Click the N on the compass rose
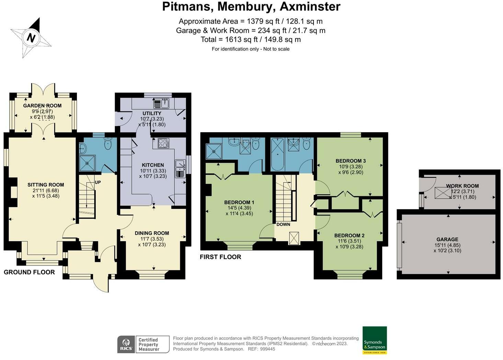coord(31,37)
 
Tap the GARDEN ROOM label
coord(42,105)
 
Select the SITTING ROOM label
coord(46,185)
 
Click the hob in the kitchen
coord(163,143)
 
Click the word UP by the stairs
coord(98,183)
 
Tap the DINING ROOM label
coord(152,233)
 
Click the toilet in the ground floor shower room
coord(108,143)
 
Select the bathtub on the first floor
coord(278,154)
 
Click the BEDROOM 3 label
coord(351,161)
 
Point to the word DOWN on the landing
coord(283,224)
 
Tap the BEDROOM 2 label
coord(349,235)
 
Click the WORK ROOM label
coord(462,186)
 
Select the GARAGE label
coord(447,239)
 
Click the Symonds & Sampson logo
coord(375,340)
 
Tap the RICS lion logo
coord(126,344)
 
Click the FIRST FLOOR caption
coord(220,257)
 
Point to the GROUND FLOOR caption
coord(29,272)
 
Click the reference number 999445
coord(267,349)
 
